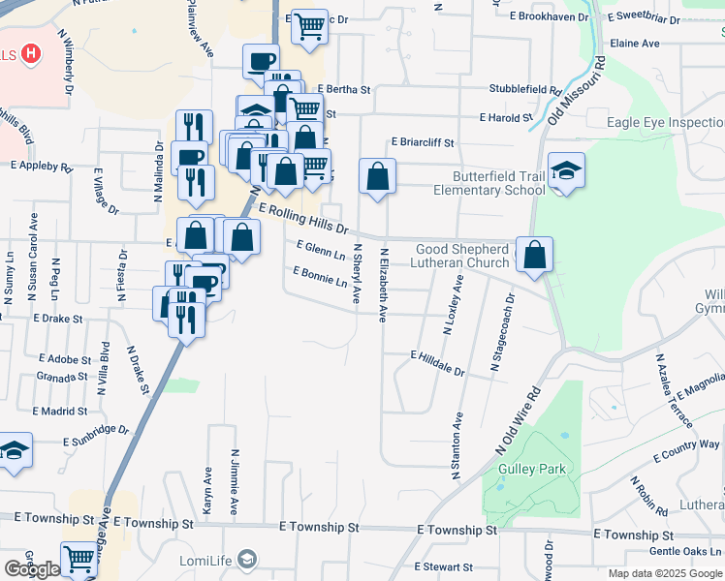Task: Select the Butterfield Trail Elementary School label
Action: point(499,183)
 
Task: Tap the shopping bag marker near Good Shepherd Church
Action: point(534,255)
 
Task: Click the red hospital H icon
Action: point(31,53)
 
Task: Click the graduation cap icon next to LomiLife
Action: point(247,559)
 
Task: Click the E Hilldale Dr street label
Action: point(437,363)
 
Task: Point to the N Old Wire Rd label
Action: point(518,423)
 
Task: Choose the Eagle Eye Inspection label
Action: point(665,123)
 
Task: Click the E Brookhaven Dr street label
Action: point(551,17)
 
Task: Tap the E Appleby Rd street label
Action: point(42,167)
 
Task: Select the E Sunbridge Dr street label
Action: point(95,436)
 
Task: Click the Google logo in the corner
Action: point(32,569)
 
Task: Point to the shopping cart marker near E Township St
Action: point(79,558)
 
